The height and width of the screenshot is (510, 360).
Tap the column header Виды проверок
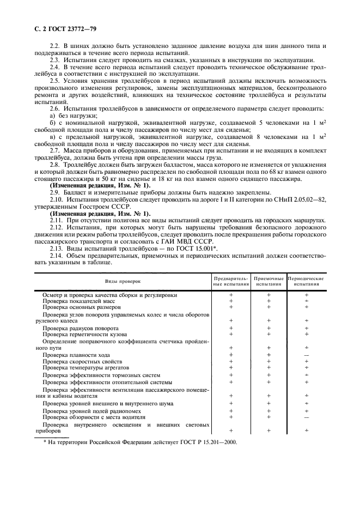pyautogui.click(x=123, y=281)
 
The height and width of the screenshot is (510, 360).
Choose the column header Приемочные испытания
pyautogui.click(x=269, y=281)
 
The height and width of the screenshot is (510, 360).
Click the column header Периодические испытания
pyautogui.click(x=306, y=281)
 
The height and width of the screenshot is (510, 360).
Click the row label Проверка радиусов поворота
pyautogui.click(x=81, y=328)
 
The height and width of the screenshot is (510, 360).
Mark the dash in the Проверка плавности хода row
pyautogui.click(x=306, y=355)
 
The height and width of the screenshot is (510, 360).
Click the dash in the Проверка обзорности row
pyautogui.click(x=306, y=417)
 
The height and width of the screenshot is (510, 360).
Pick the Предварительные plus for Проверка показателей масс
pyautogui.click(x=231, y=301)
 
